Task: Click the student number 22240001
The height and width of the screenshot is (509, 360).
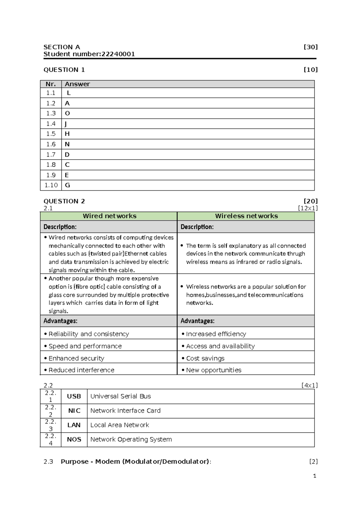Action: click(118, 54)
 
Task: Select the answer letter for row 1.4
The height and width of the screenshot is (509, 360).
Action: click(66, 124)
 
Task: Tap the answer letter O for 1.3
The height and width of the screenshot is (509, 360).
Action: click(67, 113)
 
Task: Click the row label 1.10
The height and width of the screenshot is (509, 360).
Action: click(51, 185)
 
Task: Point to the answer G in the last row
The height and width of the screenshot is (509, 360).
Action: click(67, 185)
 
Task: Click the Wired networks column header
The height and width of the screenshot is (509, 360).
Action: click(109, 216)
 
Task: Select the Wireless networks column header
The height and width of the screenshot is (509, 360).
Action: click(246, 216)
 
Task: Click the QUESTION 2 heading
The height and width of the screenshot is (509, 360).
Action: click(64, 201)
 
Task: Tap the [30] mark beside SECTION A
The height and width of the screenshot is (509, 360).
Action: click(310, 47)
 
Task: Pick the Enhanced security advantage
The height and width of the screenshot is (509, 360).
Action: click(76, 358)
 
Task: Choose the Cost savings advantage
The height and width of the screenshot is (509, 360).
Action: click(205, 358)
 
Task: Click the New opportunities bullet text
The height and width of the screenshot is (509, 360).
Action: click(214, 370)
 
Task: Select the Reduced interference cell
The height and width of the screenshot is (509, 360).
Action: click(81, 370)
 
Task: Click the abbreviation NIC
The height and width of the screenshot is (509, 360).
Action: click(74, 411)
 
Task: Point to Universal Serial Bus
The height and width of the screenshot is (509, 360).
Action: click(121, 396)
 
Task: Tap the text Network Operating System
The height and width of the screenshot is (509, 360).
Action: click(131, 439)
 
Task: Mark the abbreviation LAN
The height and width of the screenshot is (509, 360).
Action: click(74, 425)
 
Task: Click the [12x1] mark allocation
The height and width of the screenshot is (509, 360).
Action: click(307, 208)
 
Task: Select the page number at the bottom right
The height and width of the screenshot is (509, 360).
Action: click(314, 476)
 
